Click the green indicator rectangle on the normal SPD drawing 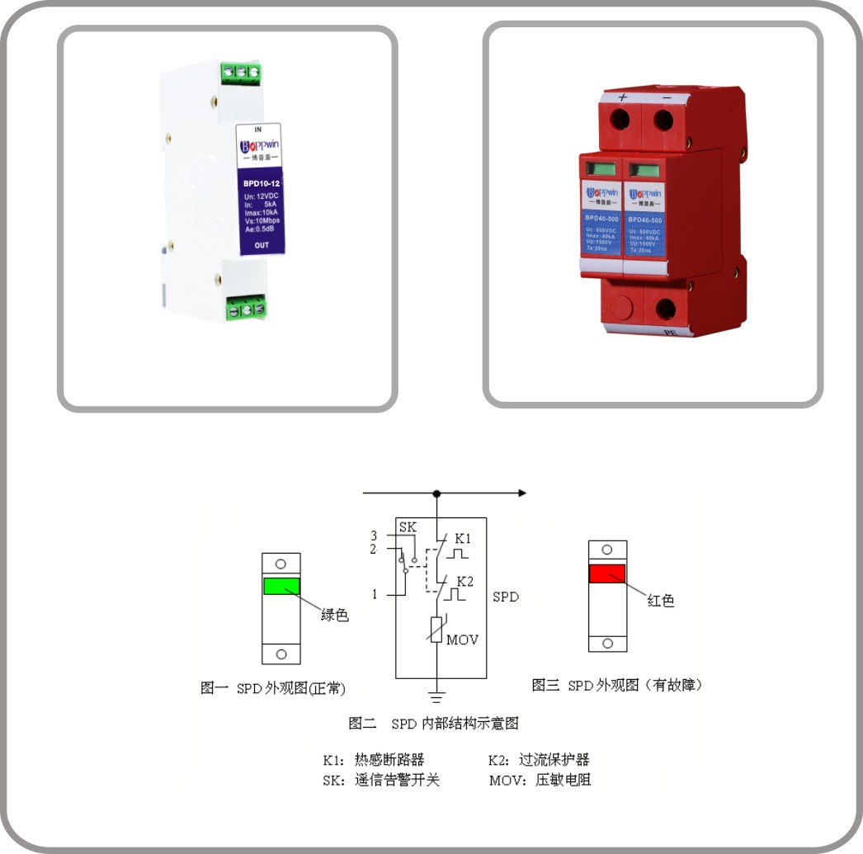(x=281, y=587)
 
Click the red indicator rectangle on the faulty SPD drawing (x=607, y=574)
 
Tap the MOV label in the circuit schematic (x=462, y=639)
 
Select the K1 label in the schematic (x=464, y=538)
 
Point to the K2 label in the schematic (x=465, y=581)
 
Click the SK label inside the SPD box (x=408, y=527)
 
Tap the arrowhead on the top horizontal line (x=521, y=493)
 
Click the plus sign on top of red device (x=623, y=97)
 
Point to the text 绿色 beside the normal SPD (x=334, y=615)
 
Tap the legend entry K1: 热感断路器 (x=373, y=760)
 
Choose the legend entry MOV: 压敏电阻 (x=540, y=780)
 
